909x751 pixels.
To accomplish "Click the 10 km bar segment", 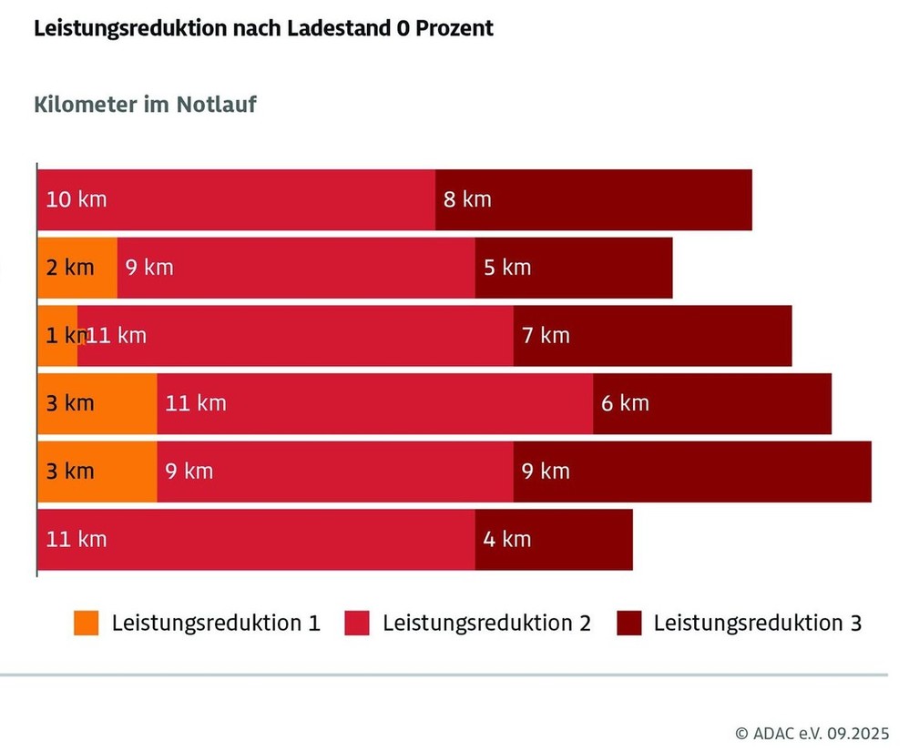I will point(236,199).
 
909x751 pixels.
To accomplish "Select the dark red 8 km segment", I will point(593,199).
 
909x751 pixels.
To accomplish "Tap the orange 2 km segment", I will point(77,268).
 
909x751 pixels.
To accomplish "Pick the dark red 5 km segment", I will point(573,268).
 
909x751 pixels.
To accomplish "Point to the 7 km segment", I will point(652,336).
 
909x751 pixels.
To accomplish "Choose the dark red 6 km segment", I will point(711,403).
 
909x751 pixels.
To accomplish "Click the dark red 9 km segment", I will point(692,472).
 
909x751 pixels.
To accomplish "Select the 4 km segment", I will point(553,540).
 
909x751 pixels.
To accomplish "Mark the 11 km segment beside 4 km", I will point(255,540).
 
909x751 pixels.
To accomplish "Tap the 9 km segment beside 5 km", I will point(295,268).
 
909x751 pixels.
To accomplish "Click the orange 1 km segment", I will point(56,336).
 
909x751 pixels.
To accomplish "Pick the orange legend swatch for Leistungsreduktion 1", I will point(87,624).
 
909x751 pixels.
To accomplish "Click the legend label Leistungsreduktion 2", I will point(486,624).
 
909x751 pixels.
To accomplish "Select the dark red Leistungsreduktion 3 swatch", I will point(629,624).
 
